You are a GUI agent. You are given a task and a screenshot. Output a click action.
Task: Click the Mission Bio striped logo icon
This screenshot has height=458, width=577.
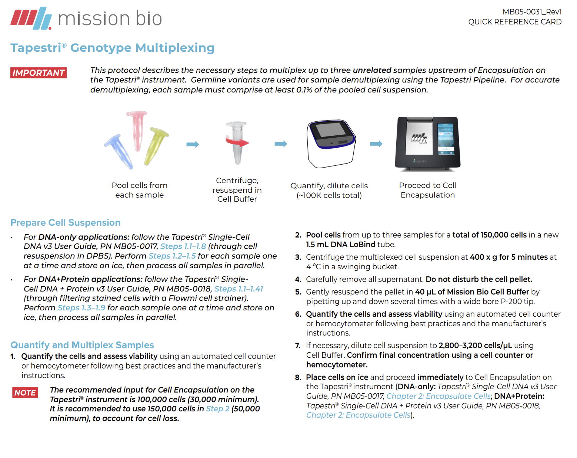coord(31,18)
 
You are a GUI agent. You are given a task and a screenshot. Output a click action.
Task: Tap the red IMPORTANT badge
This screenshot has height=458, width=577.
coord(39,73)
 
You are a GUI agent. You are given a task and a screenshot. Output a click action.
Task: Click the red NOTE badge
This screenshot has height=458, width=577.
coord(25,393)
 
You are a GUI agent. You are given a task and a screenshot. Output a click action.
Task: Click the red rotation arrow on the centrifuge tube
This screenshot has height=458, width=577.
coord(237,142)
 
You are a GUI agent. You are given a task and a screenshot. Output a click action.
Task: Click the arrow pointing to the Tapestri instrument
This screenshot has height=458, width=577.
coord(376,144)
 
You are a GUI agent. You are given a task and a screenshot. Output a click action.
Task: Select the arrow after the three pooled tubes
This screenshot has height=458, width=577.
coord(193,144)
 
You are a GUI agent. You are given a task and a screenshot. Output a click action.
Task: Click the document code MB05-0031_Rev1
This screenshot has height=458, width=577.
coord(532,12)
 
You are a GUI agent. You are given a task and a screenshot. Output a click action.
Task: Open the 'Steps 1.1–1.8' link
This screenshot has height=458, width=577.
coord(183,246)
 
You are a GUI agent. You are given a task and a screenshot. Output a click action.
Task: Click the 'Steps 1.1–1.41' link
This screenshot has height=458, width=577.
coord(239,289)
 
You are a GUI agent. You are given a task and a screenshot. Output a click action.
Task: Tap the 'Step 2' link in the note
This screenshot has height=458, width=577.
coord(218,409)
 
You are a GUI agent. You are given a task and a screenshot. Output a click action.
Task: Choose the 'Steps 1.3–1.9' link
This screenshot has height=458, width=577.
coord(81,308)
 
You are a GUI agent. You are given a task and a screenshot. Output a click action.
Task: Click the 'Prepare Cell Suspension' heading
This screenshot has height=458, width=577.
coord(66,223)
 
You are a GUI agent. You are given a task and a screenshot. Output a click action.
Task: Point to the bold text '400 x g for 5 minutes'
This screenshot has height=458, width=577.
coord(508,257)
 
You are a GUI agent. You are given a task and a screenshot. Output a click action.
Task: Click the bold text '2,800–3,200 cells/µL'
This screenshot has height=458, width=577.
coord(475,346)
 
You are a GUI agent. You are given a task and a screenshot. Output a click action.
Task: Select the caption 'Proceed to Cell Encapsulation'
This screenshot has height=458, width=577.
coord(428,190)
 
